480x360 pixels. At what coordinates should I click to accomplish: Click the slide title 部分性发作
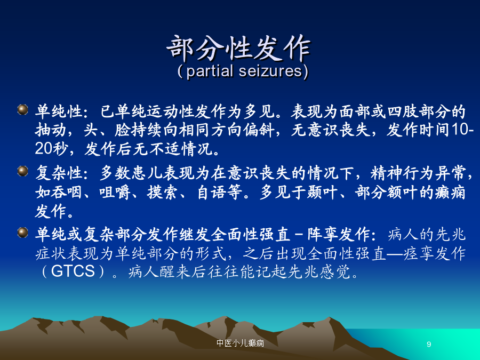coord(239,48)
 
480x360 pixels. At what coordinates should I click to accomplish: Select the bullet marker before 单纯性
coord(23,109)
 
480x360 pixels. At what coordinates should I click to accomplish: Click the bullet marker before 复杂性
coord(23,171)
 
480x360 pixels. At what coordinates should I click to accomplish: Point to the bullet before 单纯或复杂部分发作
coord(23,233)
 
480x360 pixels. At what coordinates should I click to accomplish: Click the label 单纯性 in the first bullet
coord(59,111)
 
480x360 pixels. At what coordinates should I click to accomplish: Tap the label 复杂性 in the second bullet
coord(59,173)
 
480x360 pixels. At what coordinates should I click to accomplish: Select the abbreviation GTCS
coord(73,271)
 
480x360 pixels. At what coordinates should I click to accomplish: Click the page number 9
coord(429,344)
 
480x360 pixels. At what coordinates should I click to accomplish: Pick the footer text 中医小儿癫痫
coord(241,343)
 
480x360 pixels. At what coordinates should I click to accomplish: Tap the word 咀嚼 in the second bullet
coord(115,192)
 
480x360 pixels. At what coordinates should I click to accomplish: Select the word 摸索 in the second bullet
coord(163,192)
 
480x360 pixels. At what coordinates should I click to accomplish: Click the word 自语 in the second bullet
coord(212,192)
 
